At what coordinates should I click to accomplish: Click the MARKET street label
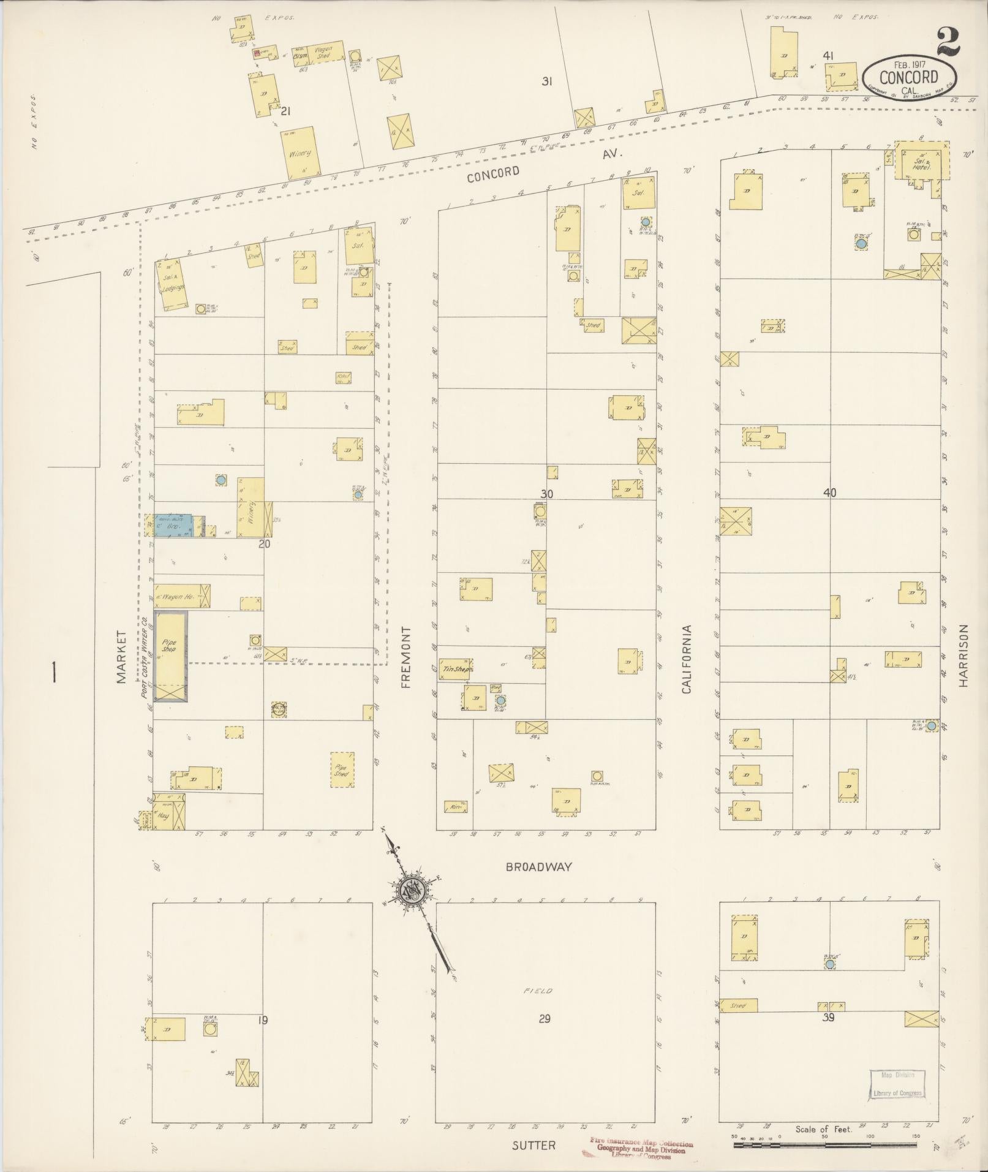pos(121,657)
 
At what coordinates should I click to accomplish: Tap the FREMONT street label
pos(405,657)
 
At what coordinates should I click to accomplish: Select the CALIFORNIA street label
pos(686,659)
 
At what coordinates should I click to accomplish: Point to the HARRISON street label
pos(965,656)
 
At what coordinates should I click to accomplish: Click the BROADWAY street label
pos(538,867)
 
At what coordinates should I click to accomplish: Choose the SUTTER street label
pos(535,1144)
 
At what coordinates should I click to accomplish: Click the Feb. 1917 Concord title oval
pos(908,76)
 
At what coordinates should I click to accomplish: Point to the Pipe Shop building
pos(170,656)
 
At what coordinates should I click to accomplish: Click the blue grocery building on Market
pos(172,526)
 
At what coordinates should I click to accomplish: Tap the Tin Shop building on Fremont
pos(456,670)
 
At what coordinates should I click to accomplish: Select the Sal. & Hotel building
pos(921,161)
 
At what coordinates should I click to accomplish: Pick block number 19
pos(263,1020)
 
